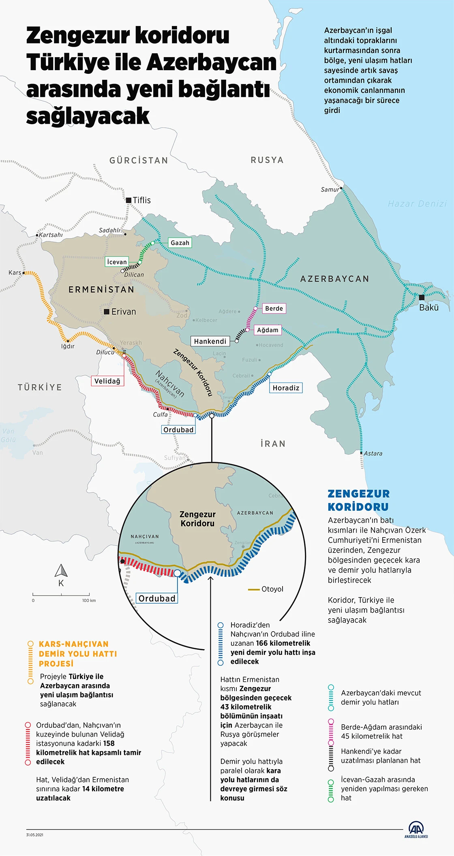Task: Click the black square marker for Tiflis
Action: [128, 200]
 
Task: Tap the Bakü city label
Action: [429, 308]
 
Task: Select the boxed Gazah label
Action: [180, 243]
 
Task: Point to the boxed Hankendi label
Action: [210, 341]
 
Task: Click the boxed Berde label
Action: [274, 308]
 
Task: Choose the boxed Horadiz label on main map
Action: [286, 388]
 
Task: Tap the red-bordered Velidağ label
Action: [107, 381]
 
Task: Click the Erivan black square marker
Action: [107, 312]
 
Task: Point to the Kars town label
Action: [15, 273]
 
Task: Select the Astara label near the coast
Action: [373, 453]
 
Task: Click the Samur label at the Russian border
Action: [330, 189]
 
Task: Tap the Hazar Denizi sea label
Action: [417, 204]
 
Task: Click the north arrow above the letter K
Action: [61, 570]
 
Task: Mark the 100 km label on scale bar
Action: [89, 600]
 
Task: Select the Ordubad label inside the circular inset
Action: [157, 598]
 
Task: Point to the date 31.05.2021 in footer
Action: [35, 835]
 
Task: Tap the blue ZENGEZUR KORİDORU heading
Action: [358, 500]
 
